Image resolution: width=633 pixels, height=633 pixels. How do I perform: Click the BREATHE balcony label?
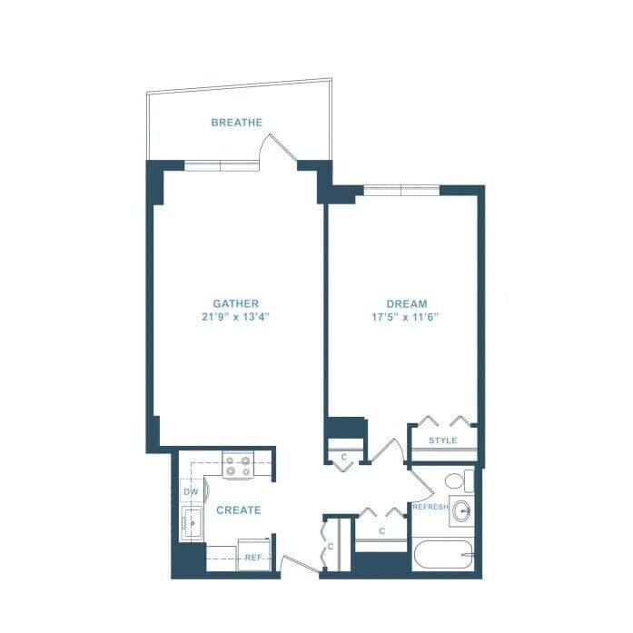tap(236, 123)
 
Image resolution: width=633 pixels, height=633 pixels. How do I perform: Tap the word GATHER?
tap(236, 303)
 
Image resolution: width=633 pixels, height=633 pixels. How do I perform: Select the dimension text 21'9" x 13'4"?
tap(236, 317)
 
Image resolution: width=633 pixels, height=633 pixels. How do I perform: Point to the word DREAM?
tap(406, 303)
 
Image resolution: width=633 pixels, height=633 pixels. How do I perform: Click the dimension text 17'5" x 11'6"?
tap(406, 317)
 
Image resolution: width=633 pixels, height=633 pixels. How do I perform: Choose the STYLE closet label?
tap(442, 441)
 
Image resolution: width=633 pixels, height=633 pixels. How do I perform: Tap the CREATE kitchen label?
tap(238, 510)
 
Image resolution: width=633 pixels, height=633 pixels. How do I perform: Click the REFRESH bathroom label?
tap(430, 507)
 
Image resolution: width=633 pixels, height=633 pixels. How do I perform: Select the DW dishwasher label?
tap(191, 492)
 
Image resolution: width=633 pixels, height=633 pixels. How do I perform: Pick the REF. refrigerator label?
tap(252, 558)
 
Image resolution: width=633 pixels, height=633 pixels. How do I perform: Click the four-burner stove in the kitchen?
tap(238, 468)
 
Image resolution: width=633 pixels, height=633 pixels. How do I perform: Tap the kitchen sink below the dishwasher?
tap(193, 523)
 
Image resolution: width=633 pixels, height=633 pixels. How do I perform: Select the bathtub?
tap(443, 555)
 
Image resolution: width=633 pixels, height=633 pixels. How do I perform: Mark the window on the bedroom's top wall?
tap(401, 190)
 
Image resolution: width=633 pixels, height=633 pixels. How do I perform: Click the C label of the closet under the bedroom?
tap(343, 457)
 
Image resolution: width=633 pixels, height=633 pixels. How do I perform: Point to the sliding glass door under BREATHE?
tap(222, 165)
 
